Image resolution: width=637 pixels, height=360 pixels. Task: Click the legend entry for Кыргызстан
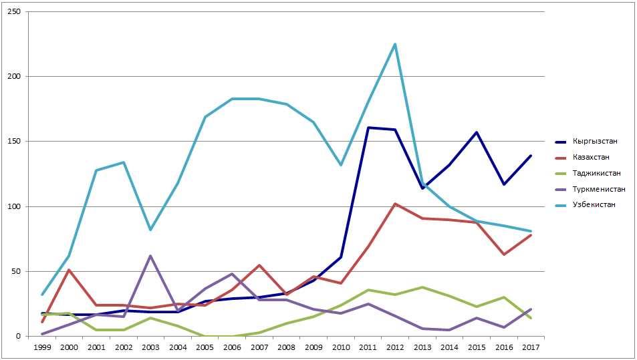(x=594, y=142)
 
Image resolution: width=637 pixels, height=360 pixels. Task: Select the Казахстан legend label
(x=591, y=157)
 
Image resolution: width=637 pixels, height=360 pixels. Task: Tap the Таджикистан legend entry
(x=594, y=173)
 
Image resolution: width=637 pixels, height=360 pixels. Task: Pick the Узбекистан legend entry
(x=593, y=204)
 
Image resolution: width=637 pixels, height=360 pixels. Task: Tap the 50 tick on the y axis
(x=17, y=271)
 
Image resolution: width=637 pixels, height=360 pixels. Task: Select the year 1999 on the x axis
(x=42, y=347)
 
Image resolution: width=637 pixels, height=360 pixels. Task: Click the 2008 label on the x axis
(x=287, y=347)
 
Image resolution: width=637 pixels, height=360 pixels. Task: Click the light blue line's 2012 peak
(x=396, y=45)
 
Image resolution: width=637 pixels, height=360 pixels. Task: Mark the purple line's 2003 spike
(x=151, y=256)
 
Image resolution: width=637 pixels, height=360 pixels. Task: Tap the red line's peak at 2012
(x=396, y=204)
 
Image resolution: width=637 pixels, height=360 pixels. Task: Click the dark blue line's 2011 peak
(x=368, y=128)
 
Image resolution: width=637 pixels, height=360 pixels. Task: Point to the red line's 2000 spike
(x=70, y=270)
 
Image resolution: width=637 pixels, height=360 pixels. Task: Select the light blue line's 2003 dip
(x=151, y=230)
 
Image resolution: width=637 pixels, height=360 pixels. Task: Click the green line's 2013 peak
(x=422, y=287)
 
